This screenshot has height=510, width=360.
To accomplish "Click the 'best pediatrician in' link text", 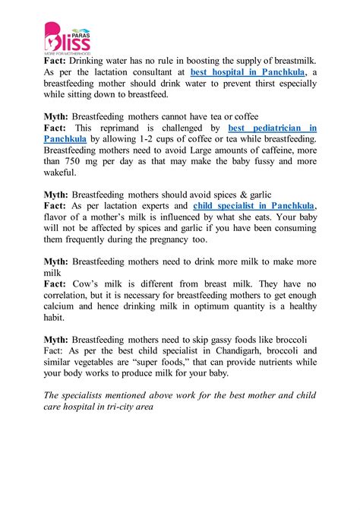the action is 273,128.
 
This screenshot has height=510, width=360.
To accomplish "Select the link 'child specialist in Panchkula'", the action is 254,205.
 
